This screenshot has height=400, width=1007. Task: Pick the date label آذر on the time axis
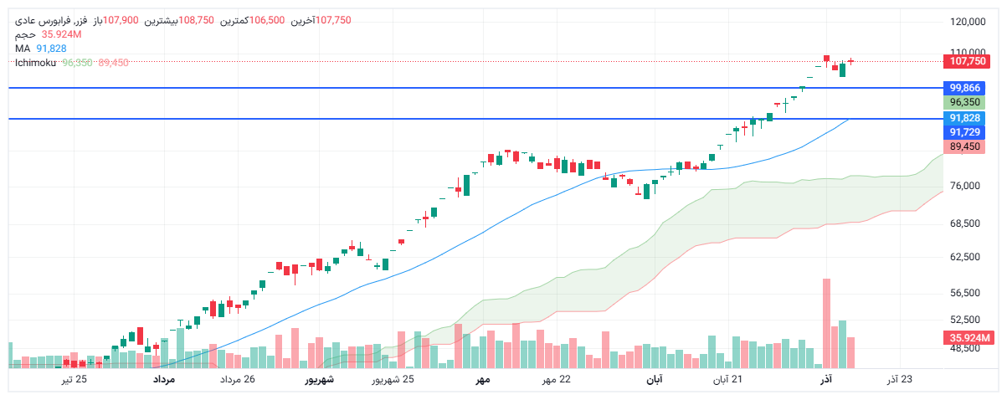coord(825,381)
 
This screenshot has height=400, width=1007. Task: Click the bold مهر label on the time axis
coord(482,381)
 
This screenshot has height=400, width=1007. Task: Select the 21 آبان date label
coord(727,381)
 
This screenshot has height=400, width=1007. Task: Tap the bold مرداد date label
coord(163,381)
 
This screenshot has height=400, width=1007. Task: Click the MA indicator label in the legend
coord(22,49)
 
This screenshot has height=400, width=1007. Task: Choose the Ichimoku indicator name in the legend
coord(34,63)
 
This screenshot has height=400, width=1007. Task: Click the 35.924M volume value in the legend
coord(61,34)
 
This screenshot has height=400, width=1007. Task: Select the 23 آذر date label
coord(900,381)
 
